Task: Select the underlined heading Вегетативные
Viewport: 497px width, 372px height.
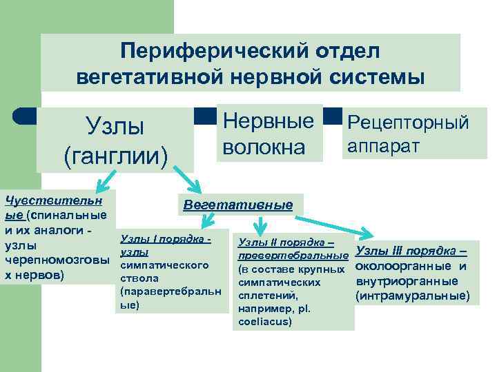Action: click(237, 205)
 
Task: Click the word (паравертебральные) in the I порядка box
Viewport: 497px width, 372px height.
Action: click(170, 291)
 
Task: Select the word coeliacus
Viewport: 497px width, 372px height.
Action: click(265, 321)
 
